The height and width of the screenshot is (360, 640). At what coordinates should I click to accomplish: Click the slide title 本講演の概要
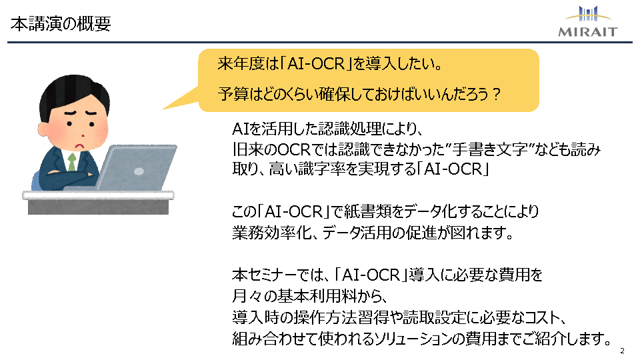point(61,24)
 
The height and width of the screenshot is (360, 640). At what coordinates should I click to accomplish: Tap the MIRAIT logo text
point(588,32)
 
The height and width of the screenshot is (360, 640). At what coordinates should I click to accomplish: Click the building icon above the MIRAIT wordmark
point(588,13)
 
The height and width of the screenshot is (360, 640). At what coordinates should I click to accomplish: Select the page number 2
point(622,351)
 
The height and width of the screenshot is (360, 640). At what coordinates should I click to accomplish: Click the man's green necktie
point(72,162)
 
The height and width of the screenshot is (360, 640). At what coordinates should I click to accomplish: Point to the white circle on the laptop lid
point(139,171)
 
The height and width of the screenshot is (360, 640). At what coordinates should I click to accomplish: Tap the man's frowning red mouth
point(80,145)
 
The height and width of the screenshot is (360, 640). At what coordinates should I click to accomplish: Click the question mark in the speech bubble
point(496,94)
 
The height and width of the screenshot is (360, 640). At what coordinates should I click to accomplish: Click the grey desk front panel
point(99,207)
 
